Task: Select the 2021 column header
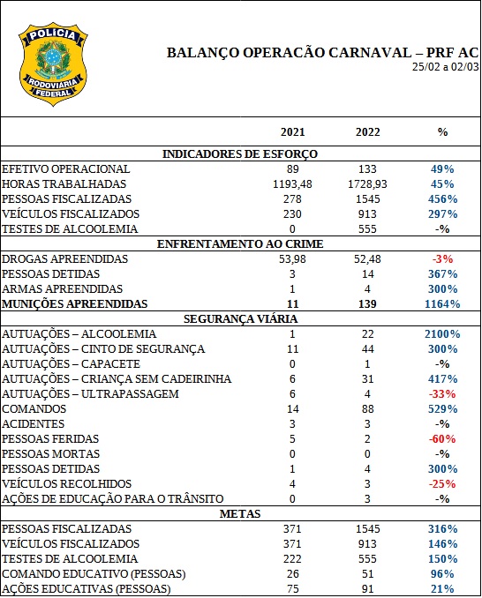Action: pyautogui.click(x=292, y=132)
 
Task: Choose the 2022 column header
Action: pyautogui.click(x=367, y=132)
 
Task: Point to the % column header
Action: pyautogui.click(x=442, y=132)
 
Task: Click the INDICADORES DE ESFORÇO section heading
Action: pyautogui.click(x=240, y=154)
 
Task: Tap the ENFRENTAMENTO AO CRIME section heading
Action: pyautogui.click(x=240, y=244)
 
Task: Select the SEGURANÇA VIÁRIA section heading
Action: pyautogui.click(x=240, y=319)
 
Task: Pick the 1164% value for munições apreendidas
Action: pyautogui.click(x=442, y=304)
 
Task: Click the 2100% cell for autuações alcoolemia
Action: pyautogui.click(x=442, y=334)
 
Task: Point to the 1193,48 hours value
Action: pyautogui.click(x=292, y=184)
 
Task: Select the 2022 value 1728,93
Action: pyautogui.click(x=367, y=184)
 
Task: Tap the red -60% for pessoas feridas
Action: pyautogui.click(x=442, y=439)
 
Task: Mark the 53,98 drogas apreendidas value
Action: pyautogui.click(x=292, y=259)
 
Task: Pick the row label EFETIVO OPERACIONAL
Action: pyautogui.click(x=66, y=169)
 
